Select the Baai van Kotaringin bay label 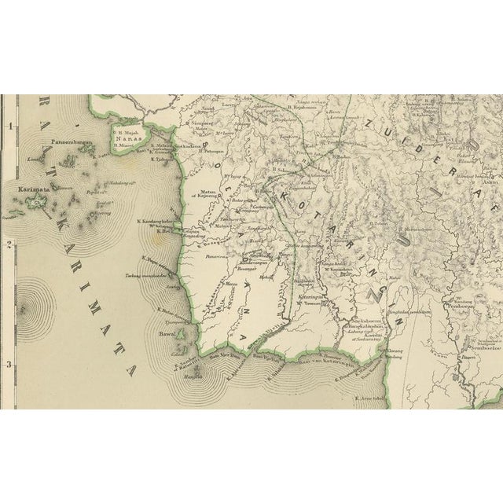coord(325,362)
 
